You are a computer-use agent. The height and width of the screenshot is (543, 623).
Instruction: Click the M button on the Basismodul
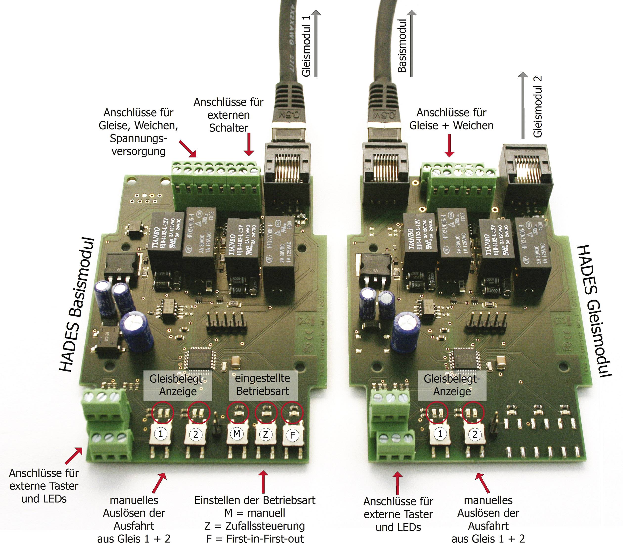(237, 434)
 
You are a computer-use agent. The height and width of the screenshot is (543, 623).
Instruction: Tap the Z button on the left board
(266, 434)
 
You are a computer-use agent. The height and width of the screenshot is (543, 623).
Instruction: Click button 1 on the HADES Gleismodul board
(440, 434)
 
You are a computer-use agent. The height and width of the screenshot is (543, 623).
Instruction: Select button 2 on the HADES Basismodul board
(196, 434)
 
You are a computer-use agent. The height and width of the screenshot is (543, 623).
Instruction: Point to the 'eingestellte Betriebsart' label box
(262, 385)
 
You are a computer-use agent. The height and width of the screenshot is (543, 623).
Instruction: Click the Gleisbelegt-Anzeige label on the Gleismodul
(451, 385)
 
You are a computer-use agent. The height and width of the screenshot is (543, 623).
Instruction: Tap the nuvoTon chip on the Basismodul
(200, 360)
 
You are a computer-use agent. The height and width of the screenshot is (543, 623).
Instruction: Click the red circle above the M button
(238, 413)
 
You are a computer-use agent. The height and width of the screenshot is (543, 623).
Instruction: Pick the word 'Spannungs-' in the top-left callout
(138, 138)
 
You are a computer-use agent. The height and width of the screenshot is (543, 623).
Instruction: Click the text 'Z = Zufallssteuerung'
(255, 525)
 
